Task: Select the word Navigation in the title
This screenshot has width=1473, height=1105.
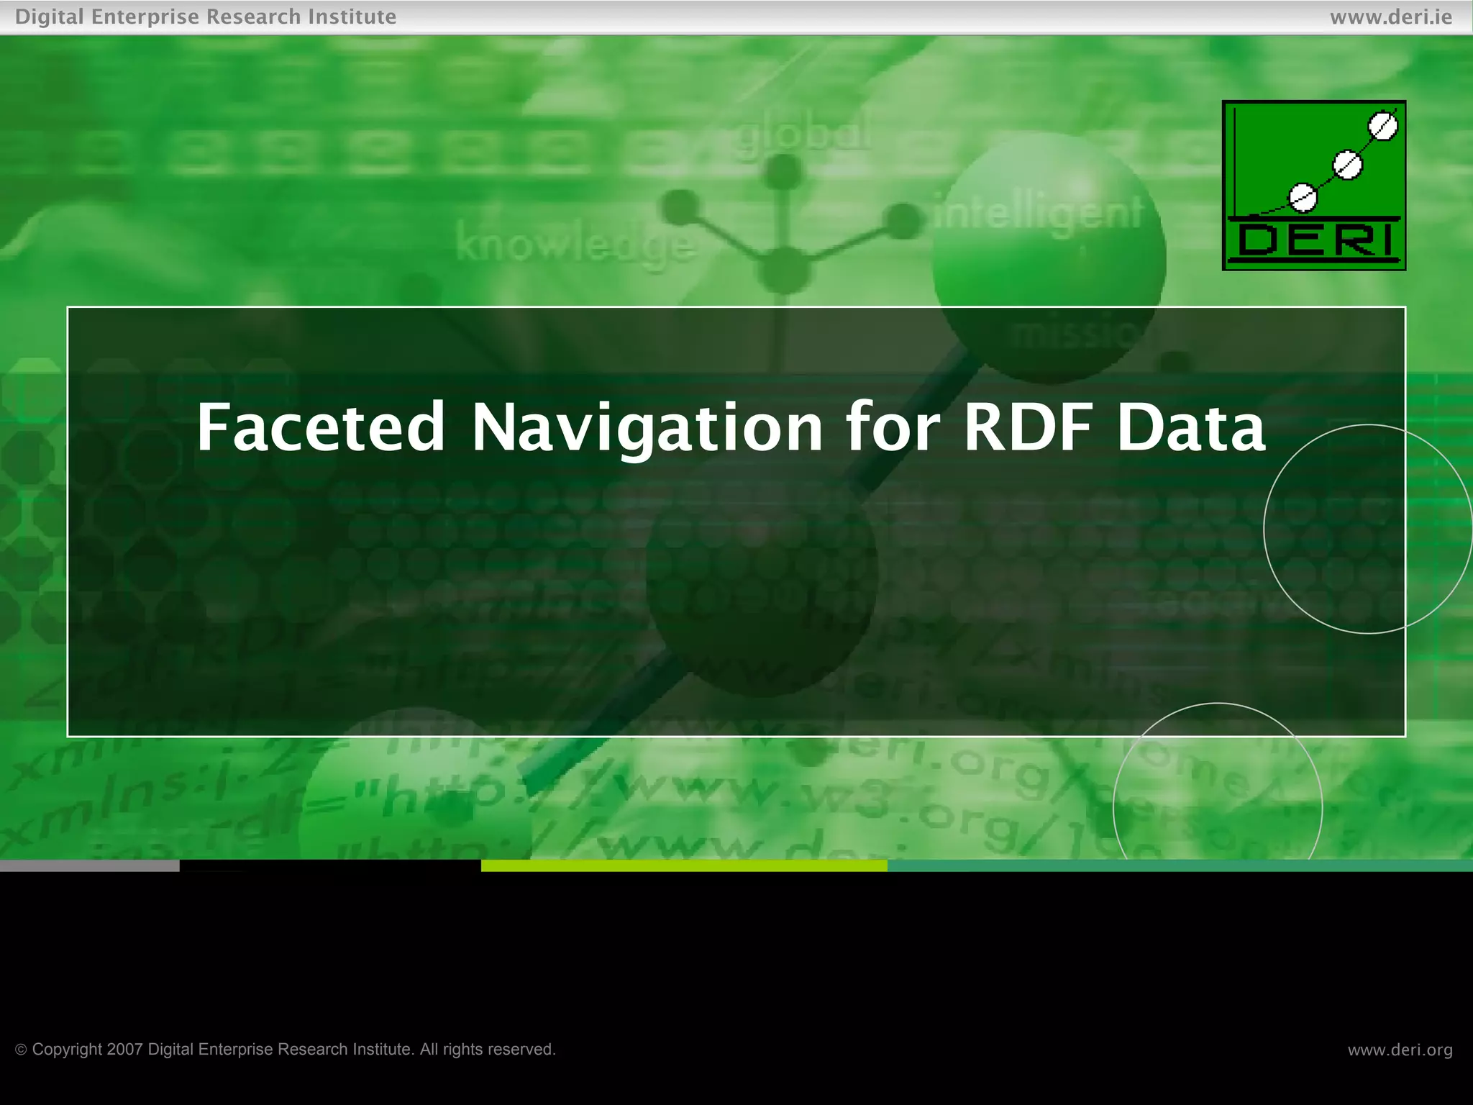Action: [647, 428]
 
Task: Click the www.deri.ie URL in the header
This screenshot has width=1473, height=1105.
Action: [1391, 17]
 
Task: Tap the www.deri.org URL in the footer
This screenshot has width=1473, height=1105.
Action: [1400, 1050]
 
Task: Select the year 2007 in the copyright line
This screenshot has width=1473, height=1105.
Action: [125, 1050]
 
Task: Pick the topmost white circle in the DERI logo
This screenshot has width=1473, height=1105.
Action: [1382, 127]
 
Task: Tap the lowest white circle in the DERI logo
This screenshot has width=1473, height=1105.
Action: [1303, 197]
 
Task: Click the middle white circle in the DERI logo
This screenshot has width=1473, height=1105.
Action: [1347, 165]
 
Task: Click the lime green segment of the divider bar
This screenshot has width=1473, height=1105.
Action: [683, 865]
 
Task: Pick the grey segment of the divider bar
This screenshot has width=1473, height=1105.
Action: [89, 865]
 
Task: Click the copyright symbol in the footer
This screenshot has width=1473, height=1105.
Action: [21, 1050]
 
